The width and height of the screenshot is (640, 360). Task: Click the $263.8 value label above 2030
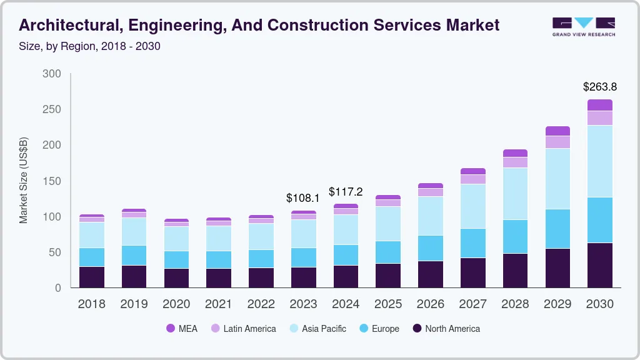600,87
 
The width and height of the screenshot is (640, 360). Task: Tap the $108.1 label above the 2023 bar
302,198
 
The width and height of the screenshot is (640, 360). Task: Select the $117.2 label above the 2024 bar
346,192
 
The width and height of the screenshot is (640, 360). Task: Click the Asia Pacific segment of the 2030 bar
600,161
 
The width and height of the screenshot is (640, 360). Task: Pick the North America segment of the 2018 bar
92,277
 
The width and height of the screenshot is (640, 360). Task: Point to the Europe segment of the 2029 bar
557,229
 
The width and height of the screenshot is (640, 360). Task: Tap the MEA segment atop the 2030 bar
600,105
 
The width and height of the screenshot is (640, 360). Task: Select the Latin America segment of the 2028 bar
515,162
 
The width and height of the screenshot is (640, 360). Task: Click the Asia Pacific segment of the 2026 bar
431,216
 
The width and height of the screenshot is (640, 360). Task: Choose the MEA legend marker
171,329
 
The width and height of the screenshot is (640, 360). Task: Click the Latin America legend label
249,329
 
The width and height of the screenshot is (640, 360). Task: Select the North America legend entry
446,329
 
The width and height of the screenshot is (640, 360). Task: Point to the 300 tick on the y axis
52,74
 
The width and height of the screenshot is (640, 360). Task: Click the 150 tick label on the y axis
52,181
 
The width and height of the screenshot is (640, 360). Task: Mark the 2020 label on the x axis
176,304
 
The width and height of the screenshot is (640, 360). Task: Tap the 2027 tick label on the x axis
473,304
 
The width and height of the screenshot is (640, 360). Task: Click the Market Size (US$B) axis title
24,180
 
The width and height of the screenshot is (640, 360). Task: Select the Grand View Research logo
583,26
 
